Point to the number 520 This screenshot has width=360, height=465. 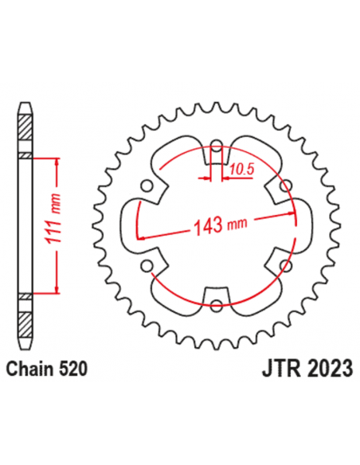[72, 369]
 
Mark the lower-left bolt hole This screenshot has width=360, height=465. [147, 264]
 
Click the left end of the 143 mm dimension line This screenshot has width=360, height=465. [141, 237]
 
